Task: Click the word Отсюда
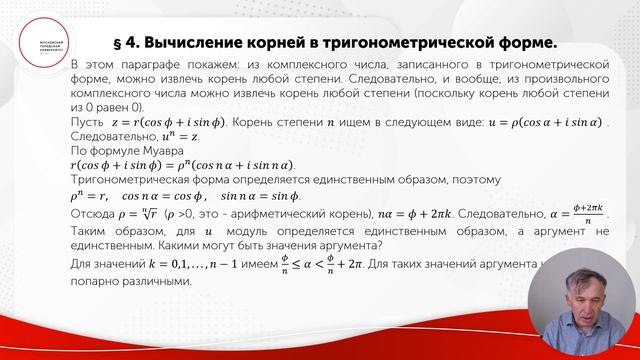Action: click(x=96, y=213)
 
